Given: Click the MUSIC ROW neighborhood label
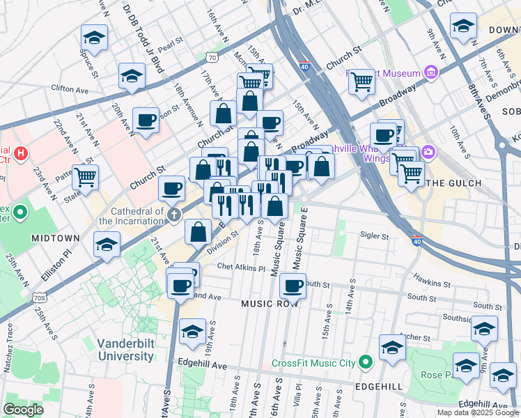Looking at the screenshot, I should (270, 304).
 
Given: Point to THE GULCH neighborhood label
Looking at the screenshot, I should (453, 183).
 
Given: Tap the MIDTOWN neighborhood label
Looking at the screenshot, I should (56, 238).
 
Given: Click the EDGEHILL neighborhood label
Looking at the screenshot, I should (381, 386).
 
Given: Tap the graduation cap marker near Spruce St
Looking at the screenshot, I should (94, 37).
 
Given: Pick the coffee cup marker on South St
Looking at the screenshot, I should (293, 285).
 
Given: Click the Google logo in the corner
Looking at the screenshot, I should (23, 410).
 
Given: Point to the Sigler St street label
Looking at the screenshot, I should (375, 236).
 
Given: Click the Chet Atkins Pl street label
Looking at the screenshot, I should (241, 268).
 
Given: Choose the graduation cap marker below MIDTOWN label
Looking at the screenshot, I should (107, 245).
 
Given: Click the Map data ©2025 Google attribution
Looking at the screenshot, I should (477, 412).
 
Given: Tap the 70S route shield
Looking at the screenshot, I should (40, 298).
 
